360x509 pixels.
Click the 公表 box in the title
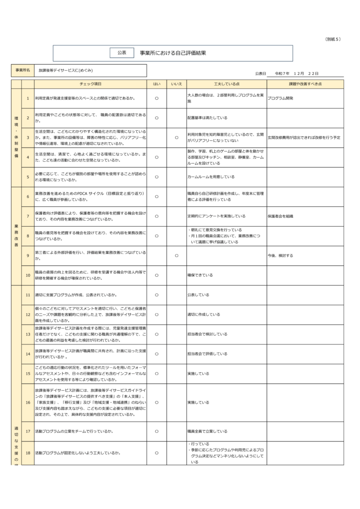(121, 52)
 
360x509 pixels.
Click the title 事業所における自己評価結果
(173, 52)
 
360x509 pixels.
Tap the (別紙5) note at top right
(333, 39)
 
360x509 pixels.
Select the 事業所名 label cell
(22, 71)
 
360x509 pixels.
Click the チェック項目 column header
(90, 84)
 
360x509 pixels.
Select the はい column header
(157, 84)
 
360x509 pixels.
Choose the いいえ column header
(177, 84)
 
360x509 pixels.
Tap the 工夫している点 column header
(226, 84)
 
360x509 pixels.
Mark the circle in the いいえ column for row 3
(177, 137)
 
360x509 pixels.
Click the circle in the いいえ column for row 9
(177, 255)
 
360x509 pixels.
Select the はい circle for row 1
(157, 98)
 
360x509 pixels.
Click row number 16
(28, 402)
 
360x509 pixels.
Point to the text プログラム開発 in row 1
(280, 98)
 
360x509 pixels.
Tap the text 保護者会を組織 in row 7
(280, 216)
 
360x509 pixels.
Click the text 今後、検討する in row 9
(280, 255)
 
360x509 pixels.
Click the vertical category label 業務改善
(16, 236)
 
